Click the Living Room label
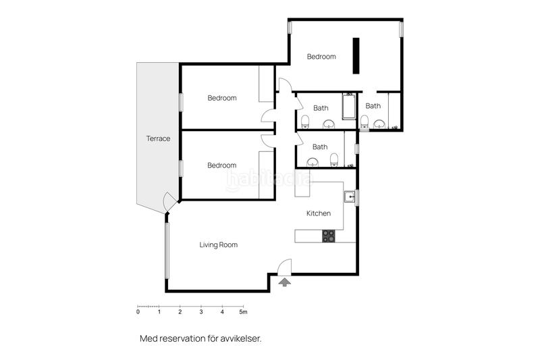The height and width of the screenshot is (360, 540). [218, 245]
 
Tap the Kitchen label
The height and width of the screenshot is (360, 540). [319, 213]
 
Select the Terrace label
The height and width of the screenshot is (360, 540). [158, 138]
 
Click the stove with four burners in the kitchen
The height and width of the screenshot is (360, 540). [329, 236]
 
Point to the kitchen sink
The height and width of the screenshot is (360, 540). [350, 197]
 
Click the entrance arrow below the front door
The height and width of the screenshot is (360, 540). [285, 282]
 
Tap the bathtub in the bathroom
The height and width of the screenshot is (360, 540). [349, 108]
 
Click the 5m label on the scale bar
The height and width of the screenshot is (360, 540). [243, 312]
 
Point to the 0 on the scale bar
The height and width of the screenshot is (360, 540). [138, 312]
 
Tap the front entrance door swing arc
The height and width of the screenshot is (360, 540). [285, 265]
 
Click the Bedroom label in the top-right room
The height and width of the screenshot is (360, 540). [321, 57]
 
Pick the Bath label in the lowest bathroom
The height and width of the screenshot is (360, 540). [320, 147]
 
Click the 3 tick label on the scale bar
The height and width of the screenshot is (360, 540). [201, 312]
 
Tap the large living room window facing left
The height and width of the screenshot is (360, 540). [166, 251]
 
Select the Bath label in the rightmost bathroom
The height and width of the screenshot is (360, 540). [373, 106]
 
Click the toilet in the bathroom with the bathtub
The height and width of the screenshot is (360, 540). [305, 122]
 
